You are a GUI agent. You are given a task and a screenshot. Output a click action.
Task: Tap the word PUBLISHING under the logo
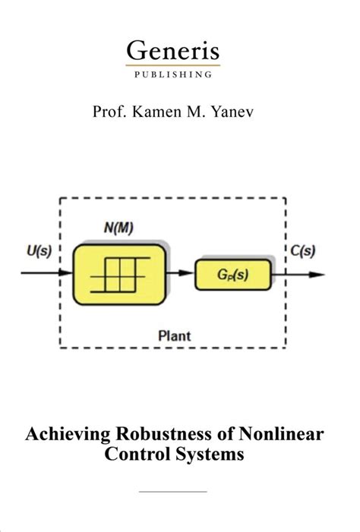[x=173, y=74]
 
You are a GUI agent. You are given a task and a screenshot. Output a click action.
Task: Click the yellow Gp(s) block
[x=232, y=274]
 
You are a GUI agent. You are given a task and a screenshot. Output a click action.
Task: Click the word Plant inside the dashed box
[x=174, y=335]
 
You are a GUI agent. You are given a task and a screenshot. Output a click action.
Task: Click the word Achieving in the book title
[x=63, y=436]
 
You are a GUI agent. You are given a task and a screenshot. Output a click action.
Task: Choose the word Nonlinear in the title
[x=281, y=436]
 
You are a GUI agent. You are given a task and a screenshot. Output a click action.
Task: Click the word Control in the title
[x=144, y=455]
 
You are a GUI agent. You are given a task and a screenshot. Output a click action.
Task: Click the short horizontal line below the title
[x=173, y=492]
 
